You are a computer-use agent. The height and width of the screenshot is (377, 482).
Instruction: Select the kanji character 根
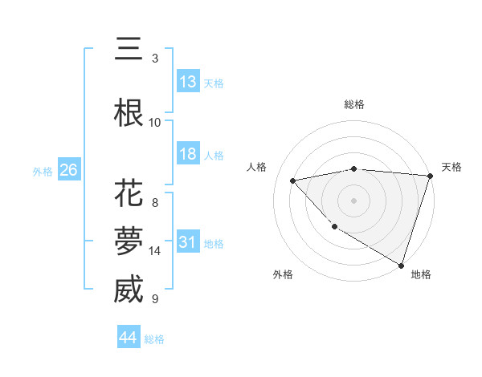(129, 112)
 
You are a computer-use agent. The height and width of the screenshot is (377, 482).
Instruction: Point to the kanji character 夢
(129, 242)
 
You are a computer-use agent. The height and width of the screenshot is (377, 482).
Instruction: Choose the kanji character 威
(129, 290)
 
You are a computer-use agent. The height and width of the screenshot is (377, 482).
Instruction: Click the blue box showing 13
(188, 82)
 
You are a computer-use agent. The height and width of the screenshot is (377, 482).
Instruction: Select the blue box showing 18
(188, 154)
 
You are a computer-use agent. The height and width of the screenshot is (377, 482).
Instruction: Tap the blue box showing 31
(188, 242)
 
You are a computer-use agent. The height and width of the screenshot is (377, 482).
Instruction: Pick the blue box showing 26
(68, 170)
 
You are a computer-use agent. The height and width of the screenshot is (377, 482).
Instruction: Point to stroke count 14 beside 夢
(155, 251)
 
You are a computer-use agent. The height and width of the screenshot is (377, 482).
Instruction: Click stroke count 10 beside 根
(155, 122)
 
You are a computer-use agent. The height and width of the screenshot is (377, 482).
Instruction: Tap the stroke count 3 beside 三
(155, 59)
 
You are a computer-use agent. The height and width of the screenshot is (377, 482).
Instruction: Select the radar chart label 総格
(353, 104)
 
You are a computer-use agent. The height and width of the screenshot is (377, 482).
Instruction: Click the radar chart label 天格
(451, 167)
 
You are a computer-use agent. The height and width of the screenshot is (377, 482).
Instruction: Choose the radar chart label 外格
(283, 274)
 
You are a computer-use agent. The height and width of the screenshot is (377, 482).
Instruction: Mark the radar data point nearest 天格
(430, 176)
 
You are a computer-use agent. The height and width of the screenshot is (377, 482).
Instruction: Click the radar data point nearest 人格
(292, 180)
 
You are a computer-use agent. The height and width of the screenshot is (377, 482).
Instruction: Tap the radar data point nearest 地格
(400, 264)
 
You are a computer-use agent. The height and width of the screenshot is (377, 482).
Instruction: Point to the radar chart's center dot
(353, 201)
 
